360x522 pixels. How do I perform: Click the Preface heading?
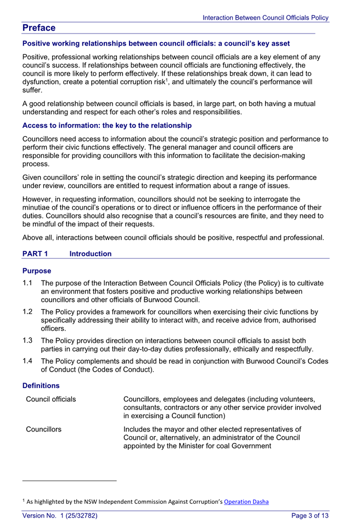39,28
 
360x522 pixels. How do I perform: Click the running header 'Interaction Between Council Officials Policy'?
266,18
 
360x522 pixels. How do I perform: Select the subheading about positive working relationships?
156,43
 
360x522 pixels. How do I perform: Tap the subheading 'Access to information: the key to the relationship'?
107,126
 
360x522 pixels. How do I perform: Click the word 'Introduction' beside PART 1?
91,254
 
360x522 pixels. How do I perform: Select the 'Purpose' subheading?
37,271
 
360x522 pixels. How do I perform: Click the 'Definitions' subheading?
41,385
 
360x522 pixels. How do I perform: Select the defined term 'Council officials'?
51,399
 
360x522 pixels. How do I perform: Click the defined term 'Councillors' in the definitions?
44,429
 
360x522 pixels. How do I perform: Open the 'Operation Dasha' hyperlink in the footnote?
246,501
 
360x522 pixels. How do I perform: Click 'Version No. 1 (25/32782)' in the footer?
60,515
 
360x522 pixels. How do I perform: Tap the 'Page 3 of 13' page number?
310,515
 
